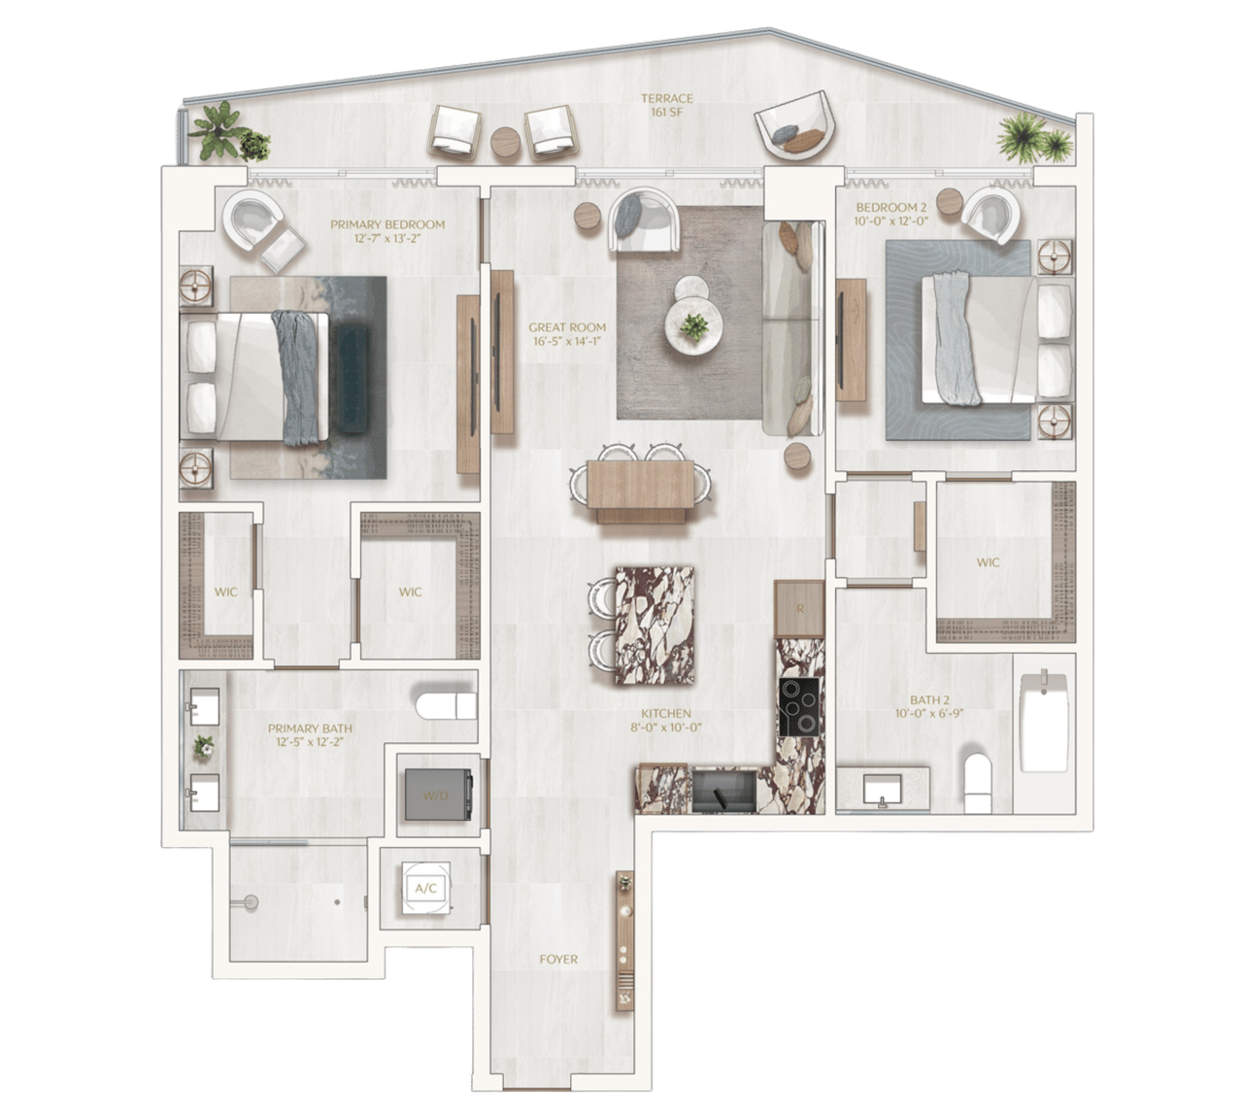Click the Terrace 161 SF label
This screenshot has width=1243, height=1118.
(667, 106)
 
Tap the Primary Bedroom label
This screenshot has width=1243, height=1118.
(387, 230)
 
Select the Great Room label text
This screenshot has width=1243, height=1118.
(567, 333)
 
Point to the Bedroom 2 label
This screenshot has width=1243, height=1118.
(891, 214)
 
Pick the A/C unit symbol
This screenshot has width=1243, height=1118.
(425, 889)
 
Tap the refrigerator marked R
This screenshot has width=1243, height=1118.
(799, 609)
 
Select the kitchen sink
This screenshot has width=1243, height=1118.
(724, 791)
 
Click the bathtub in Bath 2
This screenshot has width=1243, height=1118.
(1044, 722)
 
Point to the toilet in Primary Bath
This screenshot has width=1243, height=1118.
(446, 705)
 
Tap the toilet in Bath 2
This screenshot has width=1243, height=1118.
(979, 783)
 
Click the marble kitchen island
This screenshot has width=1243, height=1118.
(655, 626)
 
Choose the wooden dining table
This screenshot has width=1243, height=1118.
(640, 484)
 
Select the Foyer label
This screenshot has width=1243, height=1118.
(558, 960)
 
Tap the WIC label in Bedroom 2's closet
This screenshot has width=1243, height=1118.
(988, 562)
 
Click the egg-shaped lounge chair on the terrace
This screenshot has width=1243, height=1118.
(791, 128)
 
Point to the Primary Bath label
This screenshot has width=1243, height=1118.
(310, 734)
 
